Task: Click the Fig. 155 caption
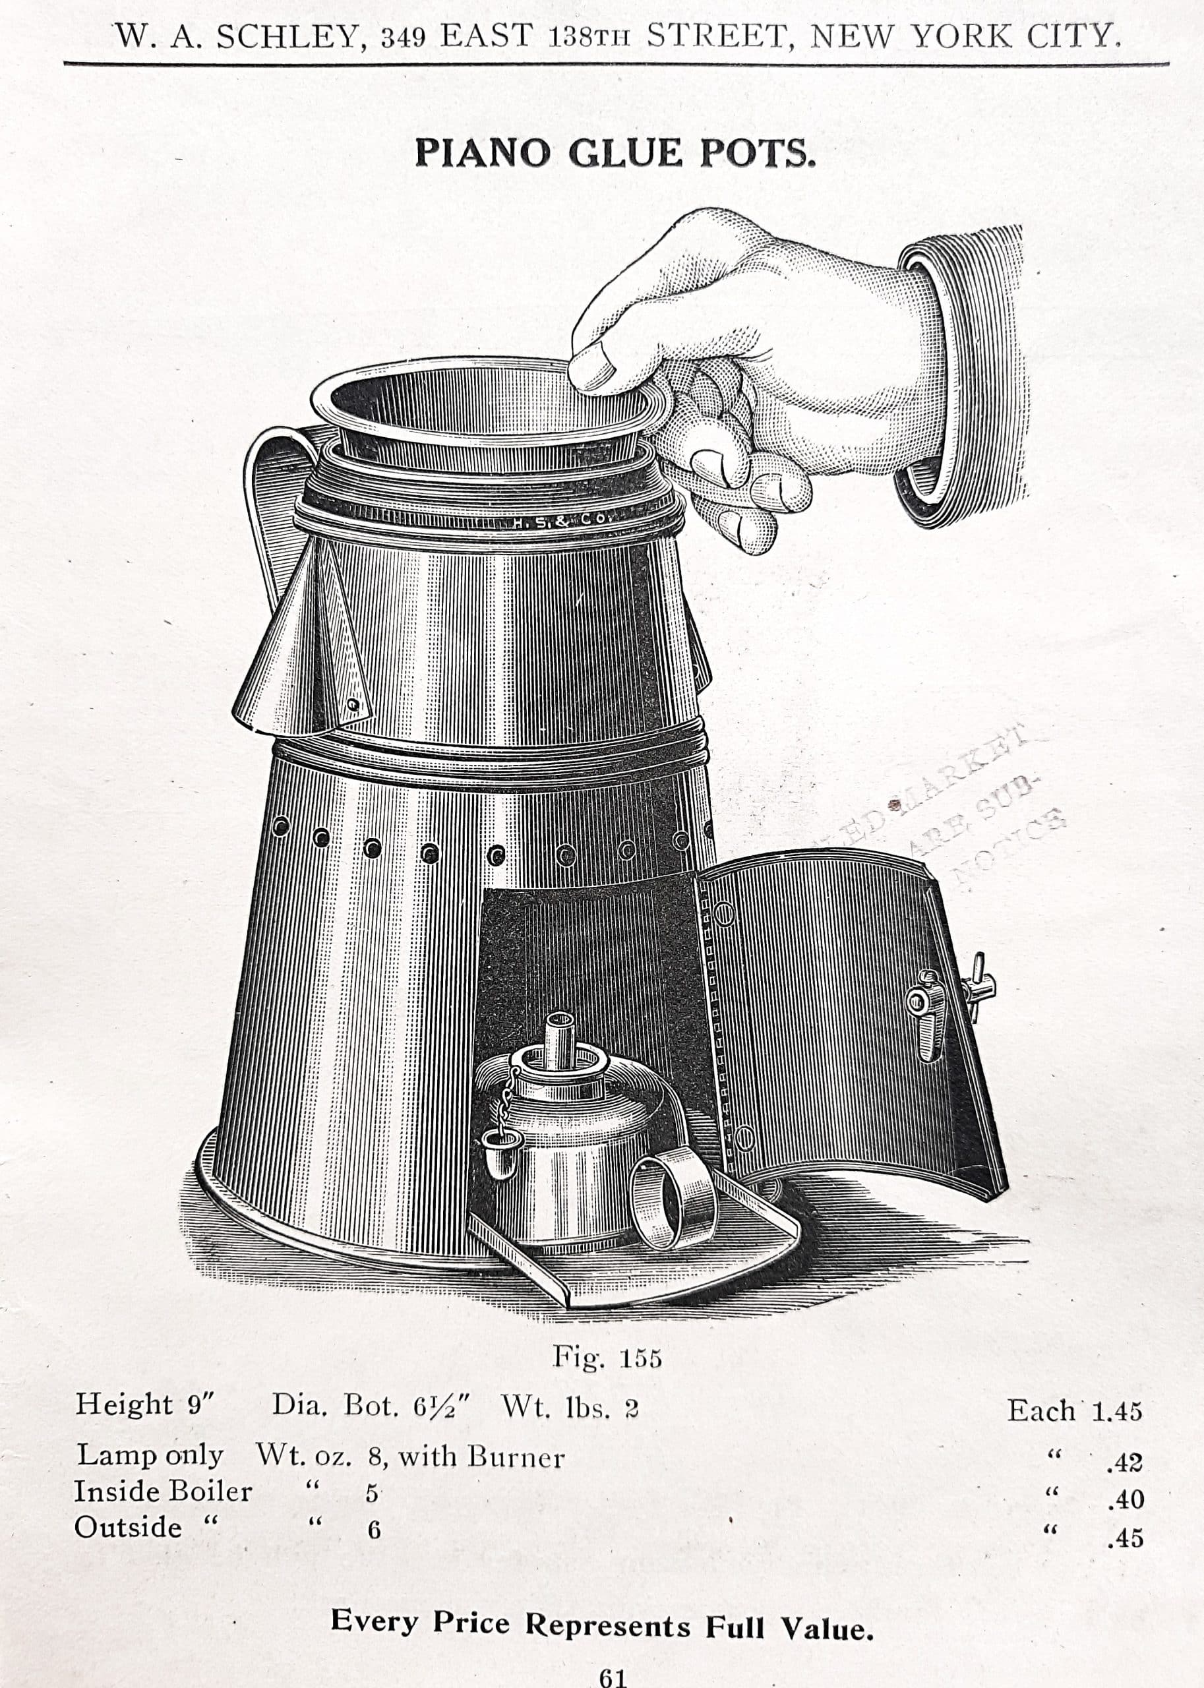click(607, 1358)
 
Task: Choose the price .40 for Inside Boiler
click(1125, 1499)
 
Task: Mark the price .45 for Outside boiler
click(1125, 1538)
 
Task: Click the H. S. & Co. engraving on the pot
click(561, 520)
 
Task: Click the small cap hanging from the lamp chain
click(497, 1163)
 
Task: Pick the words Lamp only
click(149, 1455)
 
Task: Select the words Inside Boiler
click(163, 1492)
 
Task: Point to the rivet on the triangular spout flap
click(354, 703)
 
